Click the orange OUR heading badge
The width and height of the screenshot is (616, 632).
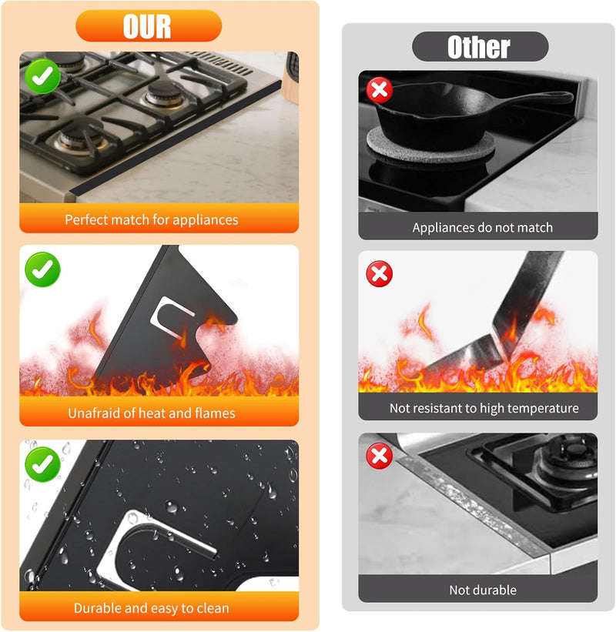(x=148, y=26)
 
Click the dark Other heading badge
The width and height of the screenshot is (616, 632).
(x=480, y=47)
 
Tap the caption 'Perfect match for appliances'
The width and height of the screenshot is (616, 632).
(x=152, y=219)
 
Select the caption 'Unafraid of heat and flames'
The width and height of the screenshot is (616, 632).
(x=152, y=413)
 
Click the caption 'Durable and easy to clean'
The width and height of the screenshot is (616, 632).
(x=152, y=608)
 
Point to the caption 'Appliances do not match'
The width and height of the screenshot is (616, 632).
(x=482, y=227)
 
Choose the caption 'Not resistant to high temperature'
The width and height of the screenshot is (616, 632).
(x=484, y=408)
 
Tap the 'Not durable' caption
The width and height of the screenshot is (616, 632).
(x=483, y=590)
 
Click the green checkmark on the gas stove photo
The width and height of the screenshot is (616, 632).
(x=42, y=75)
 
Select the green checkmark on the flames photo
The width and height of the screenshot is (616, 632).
(x=42, y=269)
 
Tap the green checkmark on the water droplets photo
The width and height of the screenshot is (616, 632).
(x=42, y=463)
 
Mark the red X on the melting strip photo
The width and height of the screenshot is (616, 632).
(x=379, y=273)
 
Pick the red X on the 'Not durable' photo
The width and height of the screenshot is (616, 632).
(x=379, y=456)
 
